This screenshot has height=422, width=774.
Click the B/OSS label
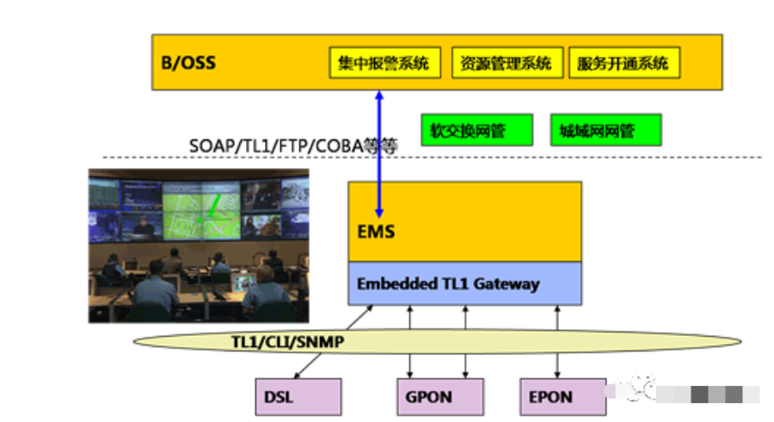188,63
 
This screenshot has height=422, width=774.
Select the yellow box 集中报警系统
385,63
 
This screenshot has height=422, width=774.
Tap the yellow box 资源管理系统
507,63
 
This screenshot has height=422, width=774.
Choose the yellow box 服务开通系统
624,63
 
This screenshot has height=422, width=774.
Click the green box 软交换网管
476,130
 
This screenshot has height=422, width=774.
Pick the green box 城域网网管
605,130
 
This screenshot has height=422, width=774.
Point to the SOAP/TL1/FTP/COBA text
276,146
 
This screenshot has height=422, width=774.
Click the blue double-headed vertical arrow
379,154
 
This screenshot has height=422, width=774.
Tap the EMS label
376,232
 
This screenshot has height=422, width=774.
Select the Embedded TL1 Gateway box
464,283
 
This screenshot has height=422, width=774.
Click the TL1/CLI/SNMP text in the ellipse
288,341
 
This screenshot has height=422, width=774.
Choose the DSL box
298,397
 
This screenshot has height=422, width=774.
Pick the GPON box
440,397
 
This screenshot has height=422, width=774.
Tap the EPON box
563,397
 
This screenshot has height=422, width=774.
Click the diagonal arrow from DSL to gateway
334,342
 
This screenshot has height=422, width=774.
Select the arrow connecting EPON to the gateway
557,342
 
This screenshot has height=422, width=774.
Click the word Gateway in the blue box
507,284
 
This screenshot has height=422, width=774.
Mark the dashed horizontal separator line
432,157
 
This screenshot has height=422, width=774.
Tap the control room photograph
199,246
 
